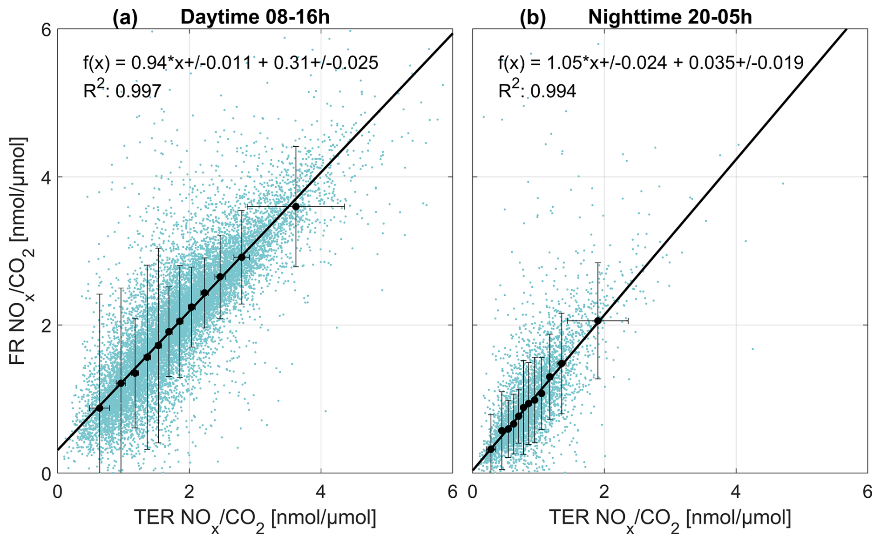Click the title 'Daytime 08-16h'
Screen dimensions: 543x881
point(255,17)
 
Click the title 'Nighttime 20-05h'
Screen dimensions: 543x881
point(670,17)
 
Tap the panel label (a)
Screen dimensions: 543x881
point(125,17)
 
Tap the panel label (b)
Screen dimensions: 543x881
point(533,17)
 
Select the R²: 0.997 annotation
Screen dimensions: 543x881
point(122,90)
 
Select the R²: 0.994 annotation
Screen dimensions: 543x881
point(537,90)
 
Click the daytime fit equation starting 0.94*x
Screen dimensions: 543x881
point(230,63)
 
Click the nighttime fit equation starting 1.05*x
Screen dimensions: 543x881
point(651,63)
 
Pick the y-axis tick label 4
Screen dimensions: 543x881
point(46,177)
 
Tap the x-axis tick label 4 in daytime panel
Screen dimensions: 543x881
point(321,492)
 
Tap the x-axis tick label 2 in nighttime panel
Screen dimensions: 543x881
point(604,492)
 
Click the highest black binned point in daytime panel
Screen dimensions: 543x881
point(296,206)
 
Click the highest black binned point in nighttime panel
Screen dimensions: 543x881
point(598,321)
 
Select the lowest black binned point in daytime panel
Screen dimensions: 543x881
point(99,408)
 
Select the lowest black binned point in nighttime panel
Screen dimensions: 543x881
point(490,449)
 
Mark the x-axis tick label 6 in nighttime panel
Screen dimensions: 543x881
point(867,492)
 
